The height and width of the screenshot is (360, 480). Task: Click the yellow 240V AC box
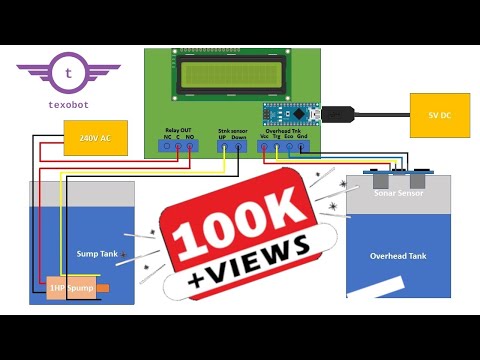click(x=96, y=138)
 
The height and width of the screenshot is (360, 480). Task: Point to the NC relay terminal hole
click(x=167, y=147)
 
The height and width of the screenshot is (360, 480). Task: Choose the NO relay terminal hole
click(x=191, y=147)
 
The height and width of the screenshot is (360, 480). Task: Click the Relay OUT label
click(x=179, y=130)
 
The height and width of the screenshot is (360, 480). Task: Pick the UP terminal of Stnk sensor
click(x=225, y=147)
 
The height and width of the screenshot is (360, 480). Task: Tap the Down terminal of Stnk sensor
click(x=239, y=147)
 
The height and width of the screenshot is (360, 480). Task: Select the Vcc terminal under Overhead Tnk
click(x=264, y=147)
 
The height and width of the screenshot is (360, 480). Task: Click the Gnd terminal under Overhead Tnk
click(x=302, y=147)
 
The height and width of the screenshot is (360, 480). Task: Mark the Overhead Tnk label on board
click(x=284, y=130)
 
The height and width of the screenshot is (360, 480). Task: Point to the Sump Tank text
click(x=97, y=254)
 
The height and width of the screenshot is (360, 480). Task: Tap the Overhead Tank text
click(x=398, y=256)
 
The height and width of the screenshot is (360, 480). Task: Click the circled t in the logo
click(x=68, y=73)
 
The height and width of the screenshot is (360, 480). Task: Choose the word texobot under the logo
click(x=68, y=103)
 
